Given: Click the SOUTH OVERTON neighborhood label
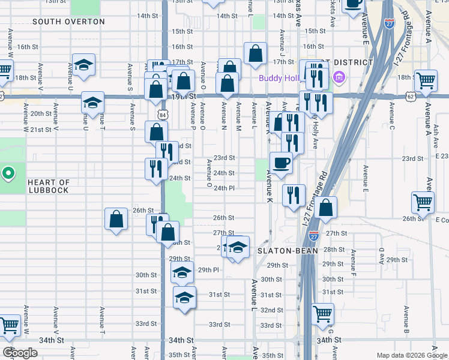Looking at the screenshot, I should [x=68, y=22].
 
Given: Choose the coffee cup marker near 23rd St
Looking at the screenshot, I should [x=281, y=162].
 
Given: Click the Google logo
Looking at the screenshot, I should [x=20, y=353].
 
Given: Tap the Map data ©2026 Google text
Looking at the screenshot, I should [x=412, y=355].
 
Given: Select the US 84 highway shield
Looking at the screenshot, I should [x=163, y=114].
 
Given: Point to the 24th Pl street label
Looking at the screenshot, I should [x=223, y=188].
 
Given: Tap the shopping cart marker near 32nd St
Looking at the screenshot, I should [x=323, y=313].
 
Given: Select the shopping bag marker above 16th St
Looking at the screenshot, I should [x=255, y=53].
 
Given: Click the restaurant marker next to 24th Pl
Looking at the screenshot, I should [x=294, y=195].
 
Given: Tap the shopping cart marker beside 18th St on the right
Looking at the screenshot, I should [x=426, y=80].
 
